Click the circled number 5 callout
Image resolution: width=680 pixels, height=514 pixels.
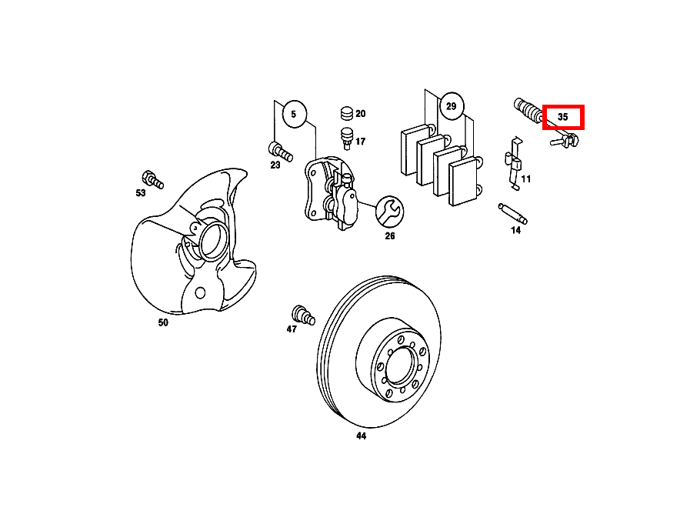click(293, 115)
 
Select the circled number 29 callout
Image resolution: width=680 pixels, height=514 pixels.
click(452, 106)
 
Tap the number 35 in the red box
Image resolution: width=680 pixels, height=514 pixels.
click(563, 118)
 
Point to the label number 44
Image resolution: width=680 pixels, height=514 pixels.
click(361, 436)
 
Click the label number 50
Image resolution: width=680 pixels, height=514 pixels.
click(163, 323)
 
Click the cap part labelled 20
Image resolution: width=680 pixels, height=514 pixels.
click(346, 113)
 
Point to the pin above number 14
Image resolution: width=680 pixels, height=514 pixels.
click(511, 212)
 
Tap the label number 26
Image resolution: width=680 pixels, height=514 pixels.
click(390, 236)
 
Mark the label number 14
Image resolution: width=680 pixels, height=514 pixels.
click(515, 230)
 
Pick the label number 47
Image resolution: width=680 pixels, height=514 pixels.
click(292, 329)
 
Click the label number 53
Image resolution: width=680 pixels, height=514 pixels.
click(141, 193)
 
